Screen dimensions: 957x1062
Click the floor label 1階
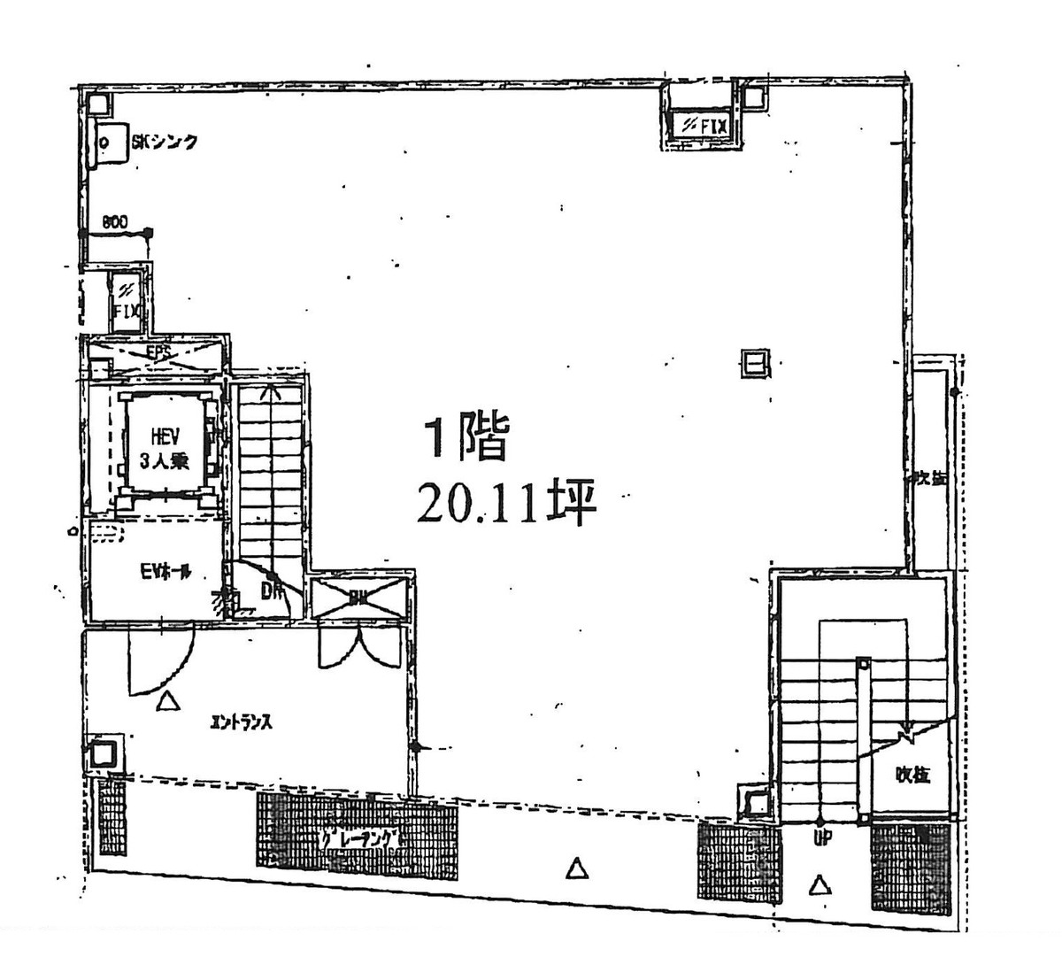point(467,439)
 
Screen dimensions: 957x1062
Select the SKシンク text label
point(165,141)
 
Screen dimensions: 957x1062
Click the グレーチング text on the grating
point(363,838)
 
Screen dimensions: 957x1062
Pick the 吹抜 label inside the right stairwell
point(912,775)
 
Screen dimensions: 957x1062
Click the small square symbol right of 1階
point(755,363)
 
